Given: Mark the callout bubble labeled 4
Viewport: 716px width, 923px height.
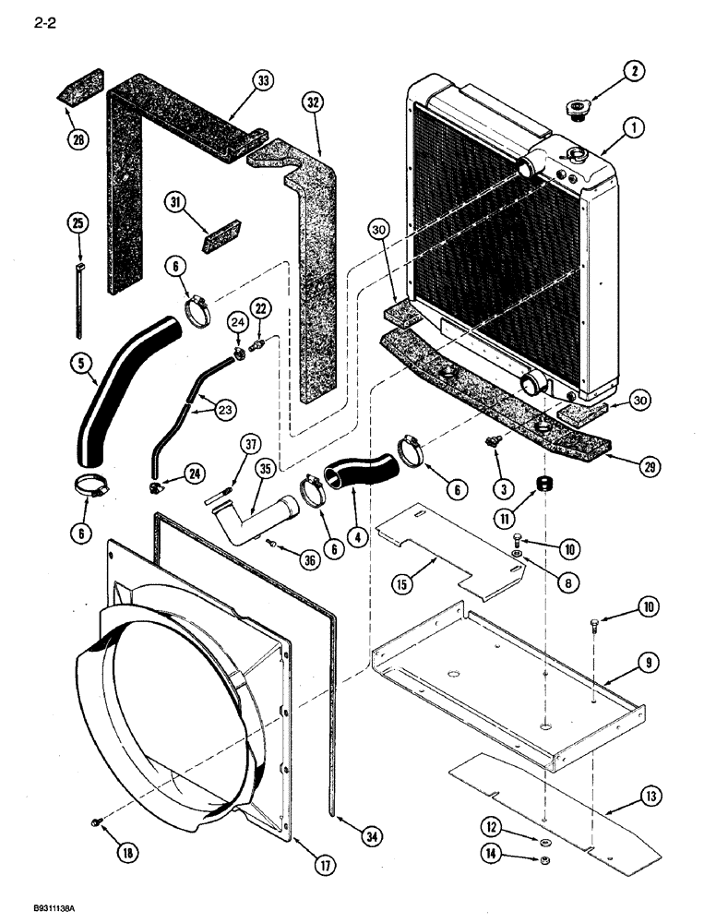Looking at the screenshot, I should pyautogui.click(x=356, y=533).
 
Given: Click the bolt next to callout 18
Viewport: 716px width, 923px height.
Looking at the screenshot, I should pyautogui.click(x=96, y=821).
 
